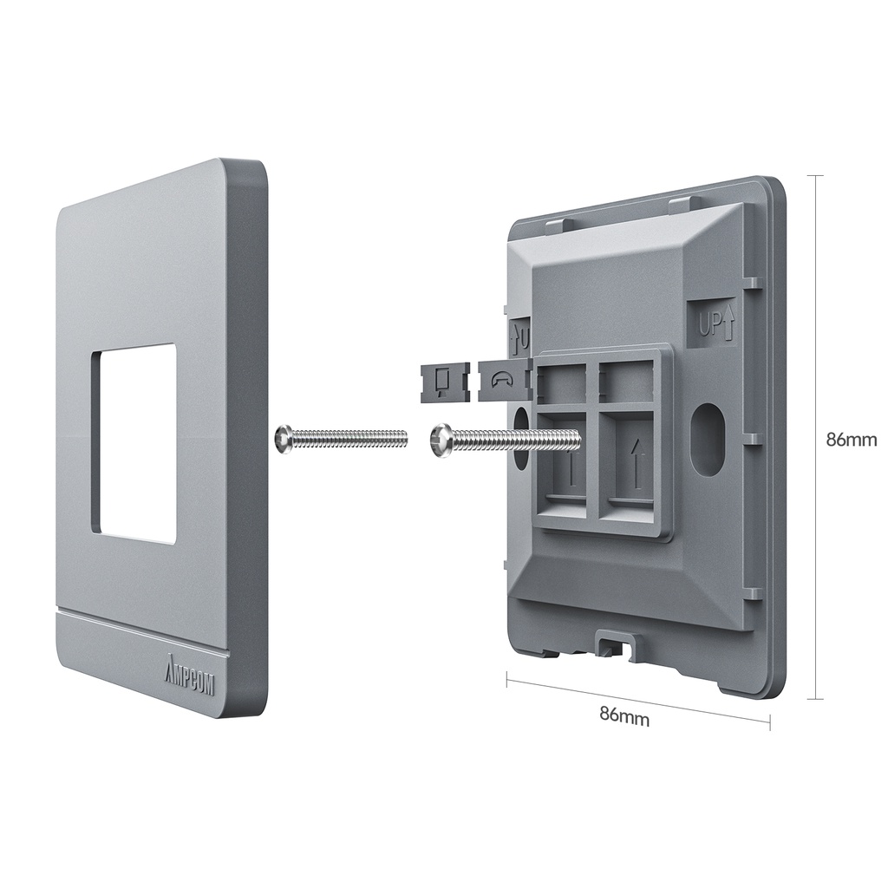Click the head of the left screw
point(283,438)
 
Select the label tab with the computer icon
point(444,382)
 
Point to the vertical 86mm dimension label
point(852,440)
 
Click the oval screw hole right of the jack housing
point(708,439)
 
